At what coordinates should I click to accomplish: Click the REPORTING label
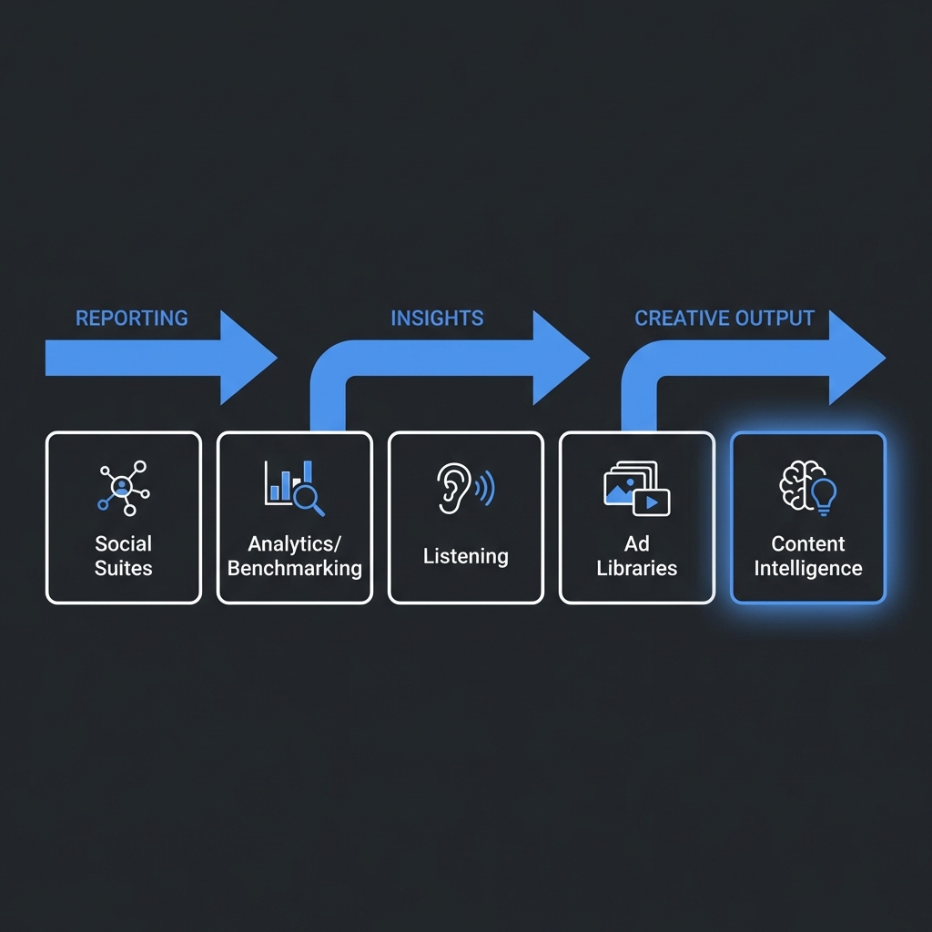coord(131,318)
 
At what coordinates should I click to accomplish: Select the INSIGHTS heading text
coord(437,318)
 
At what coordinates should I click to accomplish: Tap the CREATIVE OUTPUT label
coord(724,318)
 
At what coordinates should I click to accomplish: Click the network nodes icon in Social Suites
coord(123,487)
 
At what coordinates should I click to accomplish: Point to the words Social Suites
coord(123,556)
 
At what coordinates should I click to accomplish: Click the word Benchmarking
coord(294,569)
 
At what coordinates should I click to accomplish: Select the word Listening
coord(465,556)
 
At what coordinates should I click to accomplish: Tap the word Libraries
coord(636,569)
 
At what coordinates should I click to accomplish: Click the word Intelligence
coord(807,569)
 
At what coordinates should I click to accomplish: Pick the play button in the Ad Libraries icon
coord(651,501)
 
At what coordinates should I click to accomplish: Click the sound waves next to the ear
coord(486,488)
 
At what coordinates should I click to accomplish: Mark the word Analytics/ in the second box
coord(294,544)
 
